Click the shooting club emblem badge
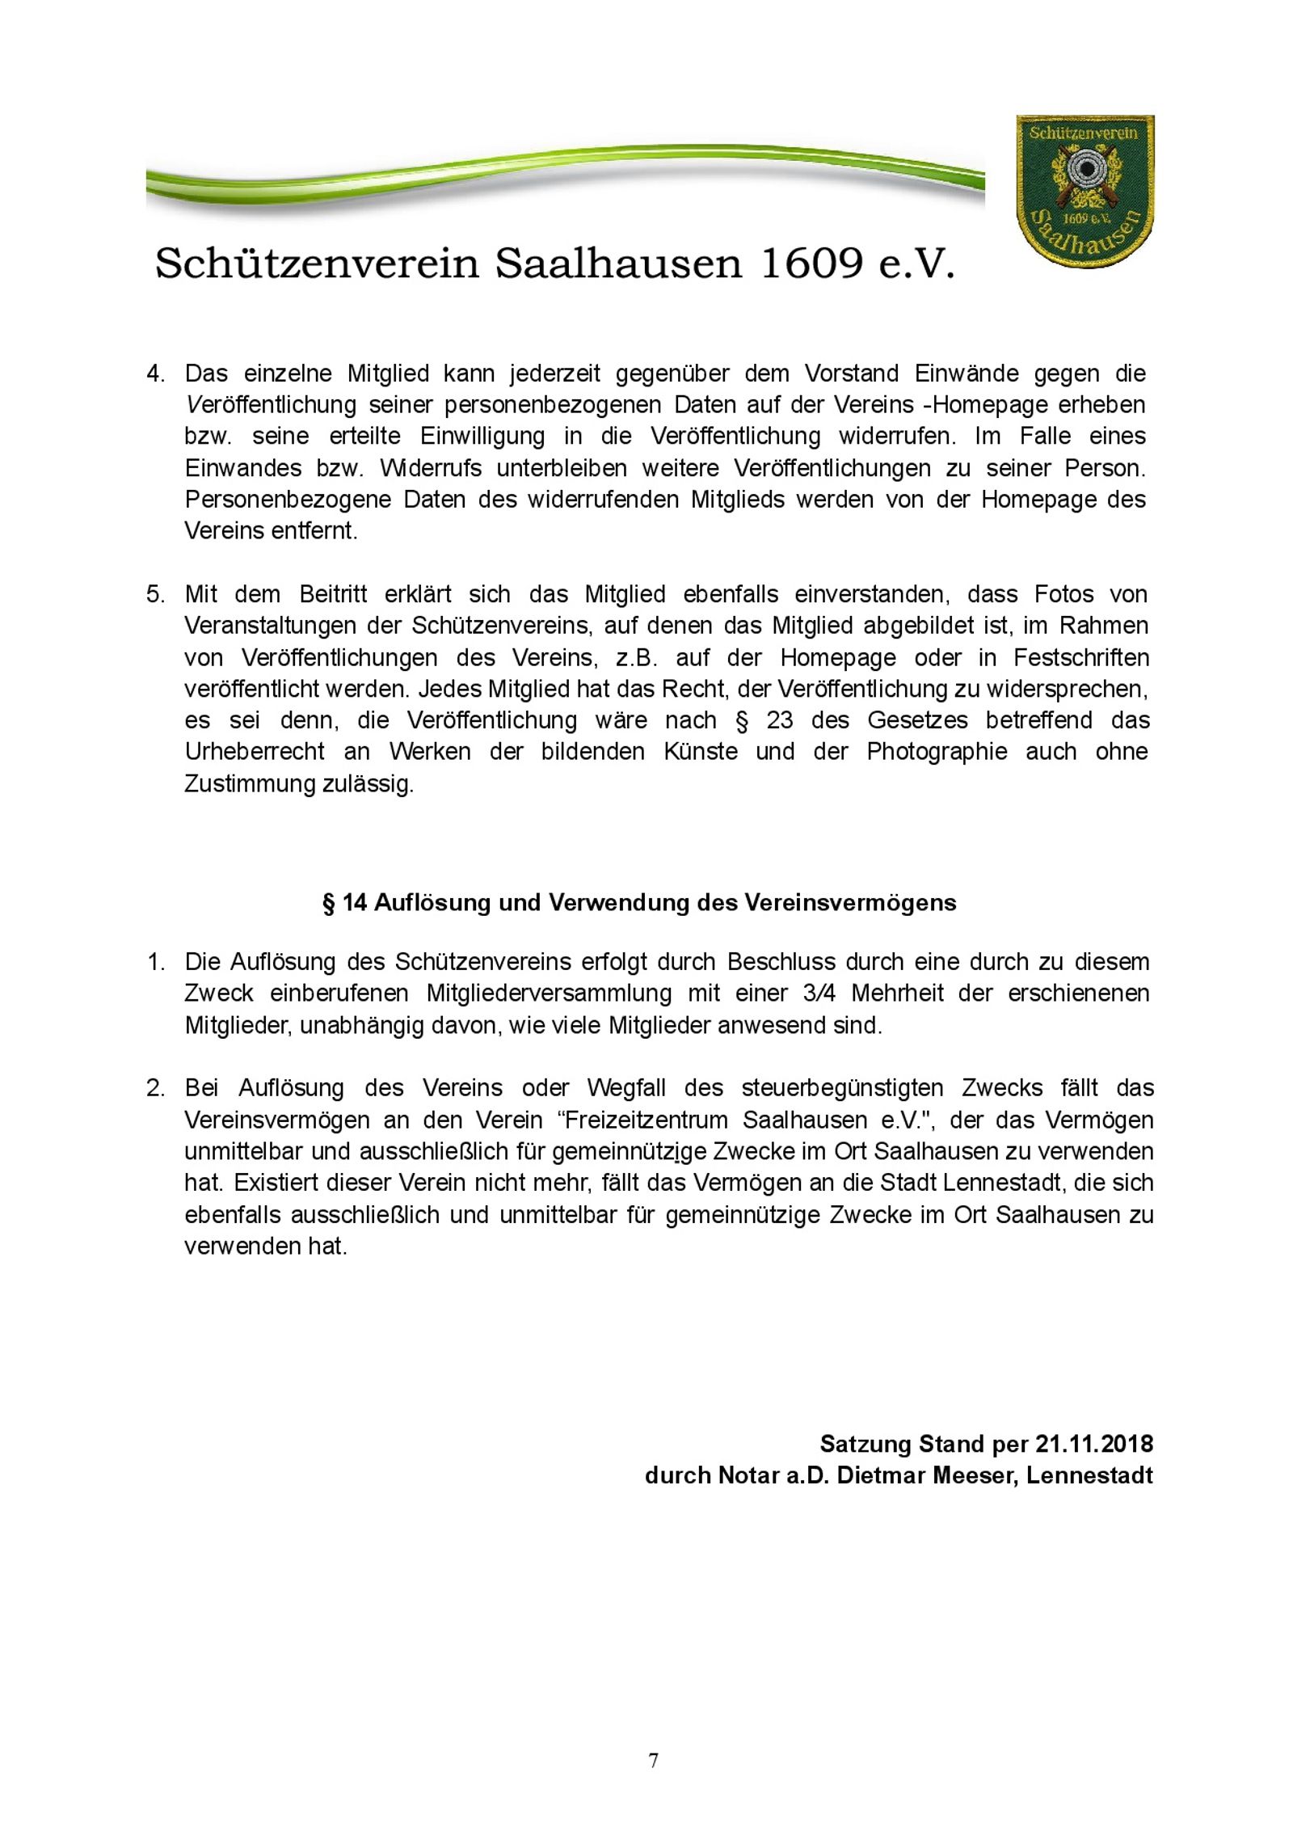click(x=1084, y=194)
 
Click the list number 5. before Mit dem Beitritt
click(x=155, y=595)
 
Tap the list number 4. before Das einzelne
click(x=155, y=374)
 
